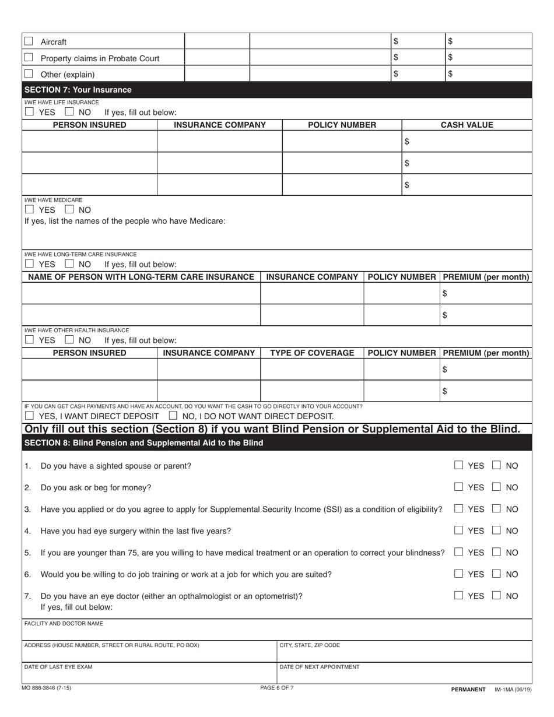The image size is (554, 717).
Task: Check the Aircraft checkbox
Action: tap(29, 41)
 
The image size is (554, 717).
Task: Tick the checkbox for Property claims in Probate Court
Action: tap(29, 58)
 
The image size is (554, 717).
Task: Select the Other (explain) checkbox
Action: tap(29, 74)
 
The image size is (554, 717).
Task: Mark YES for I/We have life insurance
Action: tap(29, 113)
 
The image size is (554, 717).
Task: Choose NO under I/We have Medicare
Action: tap(69, 209)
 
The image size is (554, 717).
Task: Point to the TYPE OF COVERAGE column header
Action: tap(312, 353)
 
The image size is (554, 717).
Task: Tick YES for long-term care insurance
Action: tap(29, 264)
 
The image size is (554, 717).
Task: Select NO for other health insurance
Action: tap(69, 340)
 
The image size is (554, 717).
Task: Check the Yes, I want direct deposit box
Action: tap(29, 416)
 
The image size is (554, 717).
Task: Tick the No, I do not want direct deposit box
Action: tap(173, 416)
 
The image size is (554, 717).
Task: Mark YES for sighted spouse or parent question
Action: tap(459, 465)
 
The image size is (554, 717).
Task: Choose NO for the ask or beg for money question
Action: tap(497, 487)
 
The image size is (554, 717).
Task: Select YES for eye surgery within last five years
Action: tap(459, 530)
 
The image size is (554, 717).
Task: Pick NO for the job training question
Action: tap(497, 574)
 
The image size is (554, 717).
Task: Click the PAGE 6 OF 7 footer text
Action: tap(277, 688)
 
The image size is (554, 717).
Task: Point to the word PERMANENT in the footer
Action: tap(468, 689)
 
